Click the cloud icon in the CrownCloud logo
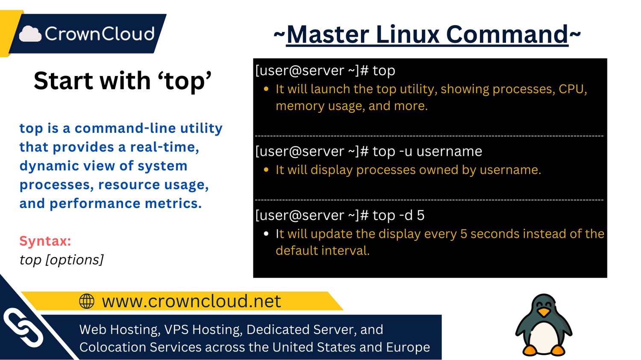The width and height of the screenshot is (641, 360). [30, 34]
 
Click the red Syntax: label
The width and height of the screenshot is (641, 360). [45, 241]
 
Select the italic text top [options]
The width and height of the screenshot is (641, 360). [62, 260]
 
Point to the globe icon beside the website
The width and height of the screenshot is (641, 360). [87, 301]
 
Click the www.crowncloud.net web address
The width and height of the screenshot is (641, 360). [191, 301]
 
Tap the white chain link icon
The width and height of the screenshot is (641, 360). [24, 328]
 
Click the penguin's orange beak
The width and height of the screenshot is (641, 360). [544, 312]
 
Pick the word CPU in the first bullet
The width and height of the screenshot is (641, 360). [572, 89]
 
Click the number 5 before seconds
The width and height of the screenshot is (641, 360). [464, 234]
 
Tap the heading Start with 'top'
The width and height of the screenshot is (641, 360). [123, 81]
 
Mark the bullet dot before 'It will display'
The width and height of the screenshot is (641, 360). [266, 170]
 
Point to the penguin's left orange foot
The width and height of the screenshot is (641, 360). [530, 351]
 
